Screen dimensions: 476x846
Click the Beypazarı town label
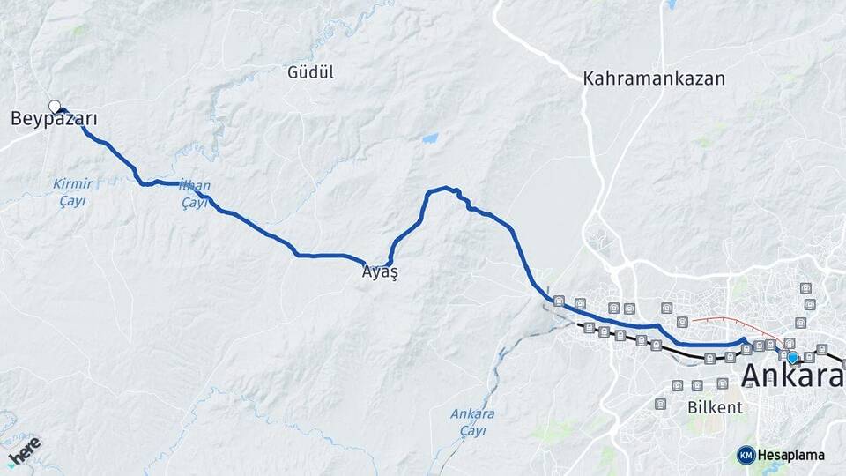click(54, 119)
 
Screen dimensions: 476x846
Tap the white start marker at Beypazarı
click(55, 107)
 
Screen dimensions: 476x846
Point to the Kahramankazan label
click(653, 78)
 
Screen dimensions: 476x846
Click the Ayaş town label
click(380, 273)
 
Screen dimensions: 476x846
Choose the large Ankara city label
click(792, 376)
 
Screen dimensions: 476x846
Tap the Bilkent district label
click(715, 408)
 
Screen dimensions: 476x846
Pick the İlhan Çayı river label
click(194, 195)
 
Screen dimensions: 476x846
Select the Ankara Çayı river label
click(472, 421)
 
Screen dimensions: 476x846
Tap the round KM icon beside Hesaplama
click(746, 455)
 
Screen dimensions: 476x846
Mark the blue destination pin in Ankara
click(792, 357)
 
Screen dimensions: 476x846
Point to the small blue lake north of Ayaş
click(429, 138)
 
